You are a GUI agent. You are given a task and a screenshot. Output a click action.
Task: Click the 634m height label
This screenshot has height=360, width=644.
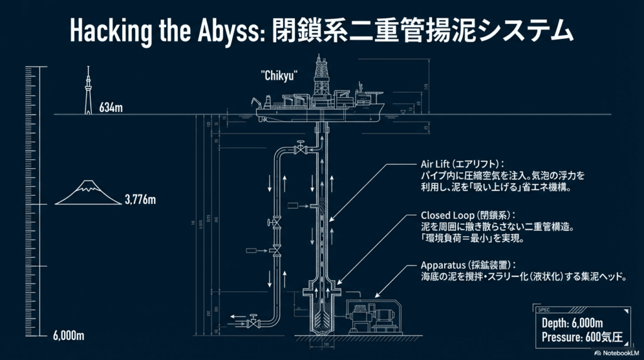pyautogui.click(x=111, y=108)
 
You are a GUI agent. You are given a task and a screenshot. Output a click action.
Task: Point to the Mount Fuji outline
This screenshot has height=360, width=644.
pyautogui.click(x=89, y=193)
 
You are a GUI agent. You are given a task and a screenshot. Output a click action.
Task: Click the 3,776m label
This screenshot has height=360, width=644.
pyautogui.click(x=140, y=200)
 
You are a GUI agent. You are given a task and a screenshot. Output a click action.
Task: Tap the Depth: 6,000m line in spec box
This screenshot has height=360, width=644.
pyautogui.click(x=572, y=323)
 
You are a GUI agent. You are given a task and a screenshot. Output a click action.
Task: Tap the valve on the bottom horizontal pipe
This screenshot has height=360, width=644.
pyautogui.click(x=254, y=322)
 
